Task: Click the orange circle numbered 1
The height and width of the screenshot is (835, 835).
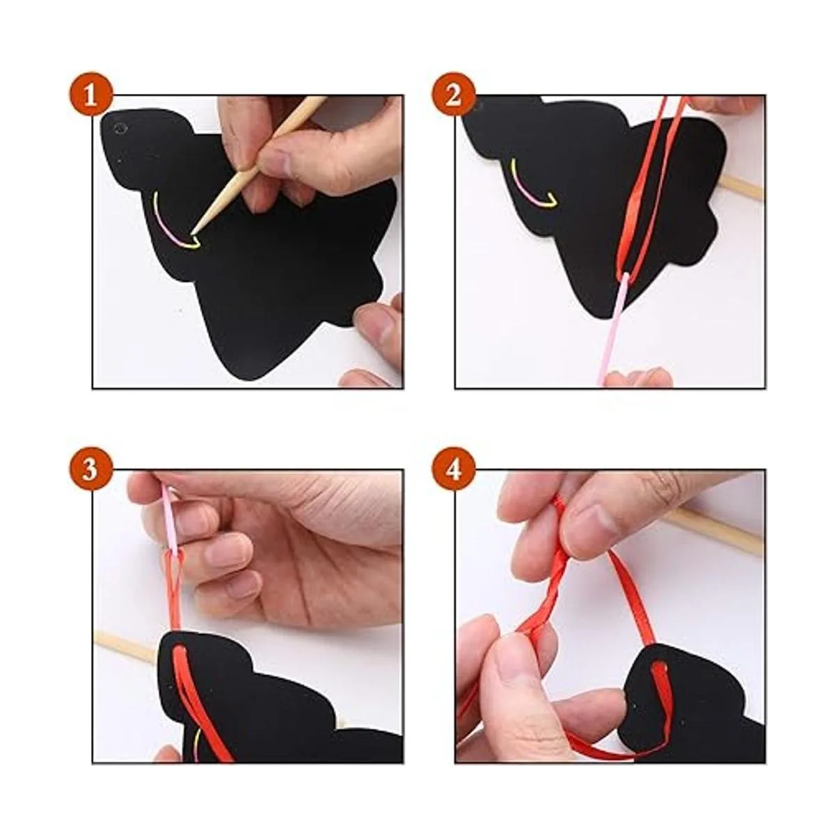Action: (90, 95)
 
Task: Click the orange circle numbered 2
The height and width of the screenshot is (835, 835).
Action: (453, 95)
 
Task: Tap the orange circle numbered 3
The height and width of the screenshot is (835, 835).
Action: (90, 469)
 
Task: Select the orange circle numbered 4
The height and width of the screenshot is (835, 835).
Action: (453, 469)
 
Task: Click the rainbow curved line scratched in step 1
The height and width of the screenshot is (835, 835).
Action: (171, 225)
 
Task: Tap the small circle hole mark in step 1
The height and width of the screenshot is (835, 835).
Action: (120, 128)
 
